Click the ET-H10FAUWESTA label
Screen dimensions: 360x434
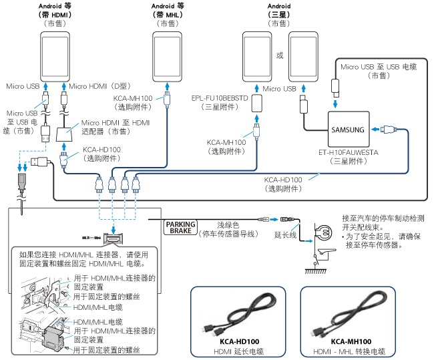[x=348, y=152]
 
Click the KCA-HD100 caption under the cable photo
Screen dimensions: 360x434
[x=238, y=341]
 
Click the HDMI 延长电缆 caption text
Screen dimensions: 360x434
[x=238, y=351]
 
